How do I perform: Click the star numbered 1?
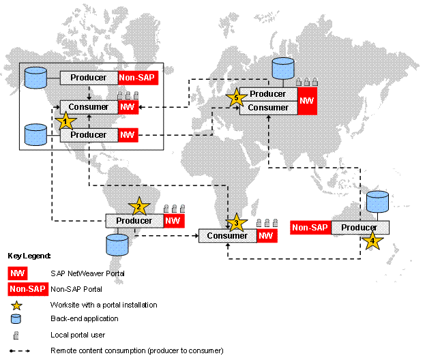[x=66, y=121]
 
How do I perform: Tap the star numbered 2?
[x=139, y=207]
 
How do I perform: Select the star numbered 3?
[x=236, y=223]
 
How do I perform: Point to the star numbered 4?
[x=372, y=241]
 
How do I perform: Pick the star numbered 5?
[x=236, y=97]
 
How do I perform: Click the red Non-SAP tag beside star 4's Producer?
[x=310, y=228]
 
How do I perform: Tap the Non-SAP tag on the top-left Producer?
[x=138, y=78]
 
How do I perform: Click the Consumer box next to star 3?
[x=228, y=236]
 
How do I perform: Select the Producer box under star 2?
[x=134, y=221]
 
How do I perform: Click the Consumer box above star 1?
[x=89, y=107]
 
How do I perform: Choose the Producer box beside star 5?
[x=269, y=94]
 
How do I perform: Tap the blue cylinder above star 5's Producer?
[x=283, y=68]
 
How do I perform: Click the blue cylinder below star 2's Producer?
[x=117, y=245]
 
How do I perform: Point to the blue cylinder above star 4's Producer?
[x=377, y=202]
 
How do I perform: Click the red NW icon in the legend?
[x=18, y=273]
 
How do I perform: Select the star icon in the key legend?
[x=16, y=305]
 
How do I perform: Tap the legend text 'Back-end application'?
[x=85, y=318]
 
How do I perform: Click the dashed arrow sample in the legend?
[x=20, y=351]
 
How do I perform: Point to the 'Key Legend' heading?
[x=29, y=256]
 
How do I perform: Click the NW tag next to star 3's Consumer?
[x=267, y=236]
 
